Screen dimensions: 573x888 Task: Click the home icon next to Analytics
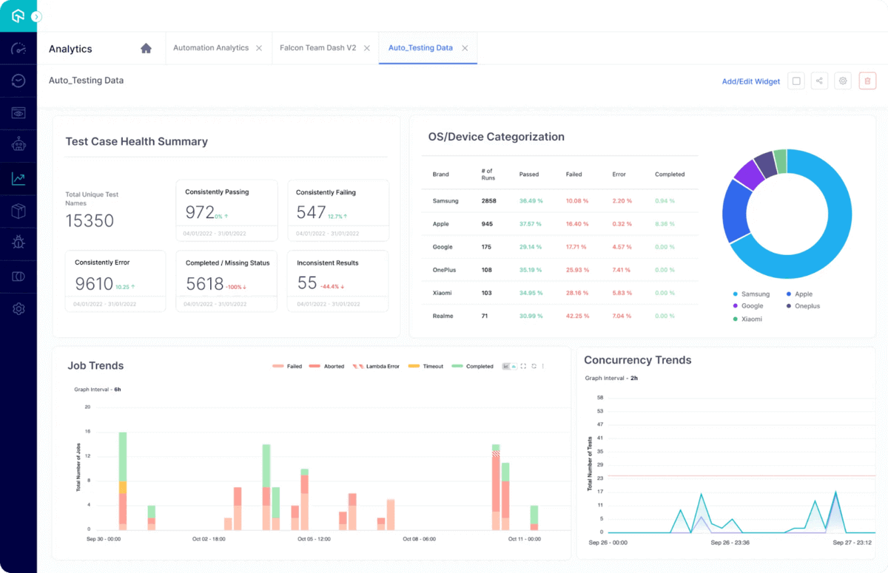click(146, 48)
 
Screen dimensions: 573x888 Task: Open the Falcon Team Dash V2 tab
click(317, 48)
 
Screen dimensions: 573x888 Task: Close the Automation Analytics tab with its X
click(259, 48)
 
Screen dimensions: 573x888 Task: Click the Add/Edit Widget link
click(750, 81)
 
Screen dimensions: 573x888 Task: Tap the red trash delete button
click(867, 81)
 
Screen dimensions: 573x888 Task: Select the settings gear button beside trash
click(842, 81)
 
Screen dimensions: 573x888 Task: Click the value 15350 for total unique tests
click(90, 220)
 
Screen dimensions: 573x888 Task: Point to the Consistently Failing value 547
click(311, 213)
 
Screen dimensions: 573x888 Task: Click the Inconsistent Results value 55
click(306, 283)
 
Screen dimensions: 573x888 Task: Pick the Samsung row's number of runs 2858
click(489, 201)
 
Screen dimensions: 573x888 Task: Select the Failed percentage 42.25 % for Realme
click(577, 316)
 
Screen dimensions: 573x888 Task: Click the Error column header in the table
click(619, 174)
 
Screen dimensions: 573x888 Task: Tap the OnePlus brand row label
click(444, 270)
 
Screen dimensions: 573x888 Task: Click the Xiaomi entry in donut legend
click(751, 319)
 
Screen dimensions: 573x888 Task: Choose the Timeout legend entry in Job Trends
click(433, 367)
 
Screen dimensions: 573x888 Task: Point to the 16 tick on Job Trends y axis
click(87, 431)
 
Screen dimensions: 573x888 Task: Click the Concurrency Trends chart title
click(637, 361)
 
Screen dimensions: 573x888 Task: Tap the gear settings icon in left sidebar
click(18, 308)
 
